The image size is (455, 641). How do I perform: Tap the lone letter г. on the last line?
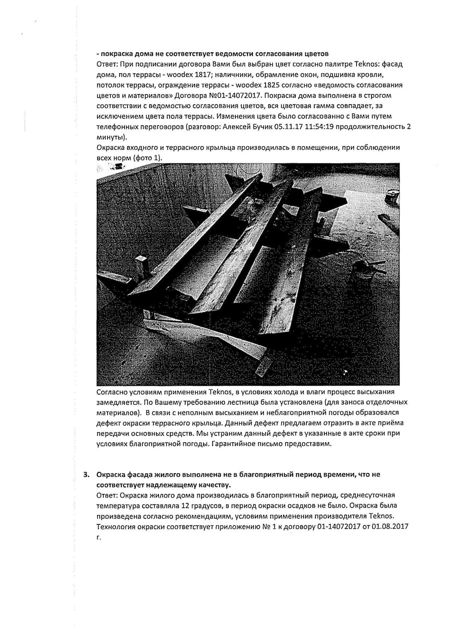tap(98, 538)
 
